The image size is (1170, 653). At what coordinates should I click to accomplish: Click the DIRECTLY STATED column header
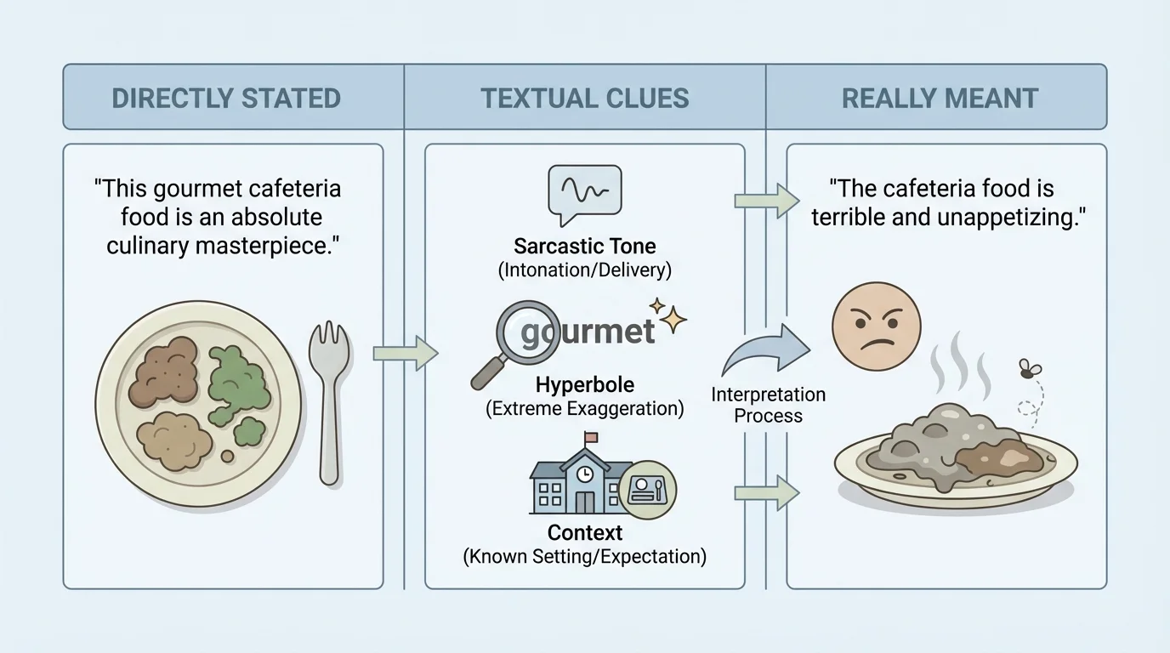click(226, 98)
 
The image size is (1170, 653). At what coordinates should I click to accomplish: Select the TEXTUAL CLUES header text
click(585, 98)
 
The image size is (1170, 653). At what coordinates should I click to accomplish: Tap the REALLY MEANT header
click(940, 98)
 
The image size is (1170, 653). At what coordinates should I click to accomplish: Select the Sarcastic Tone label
click(585, 247)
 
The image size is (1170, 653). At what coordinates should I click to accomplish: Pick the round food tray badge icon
click(647, 490)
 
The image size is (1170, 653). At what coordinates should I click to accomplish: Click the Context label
click(585, 533)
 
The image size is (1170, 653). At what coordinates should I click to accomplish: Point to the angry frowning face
click(876, 327)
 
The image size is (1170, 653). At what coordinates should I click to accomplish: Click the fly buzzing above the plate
click(1030, 370)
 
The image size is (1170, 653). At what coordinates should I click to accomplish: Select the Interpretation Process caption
click(769, 406)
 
